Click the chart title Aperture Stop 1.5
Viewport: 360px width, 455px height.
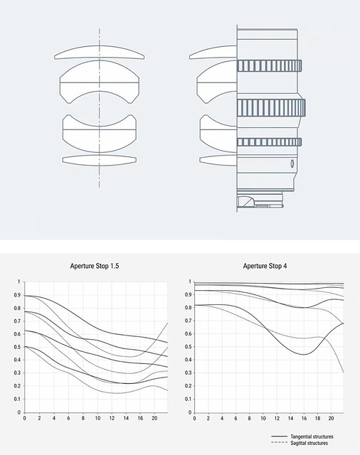click(x=95, y=266)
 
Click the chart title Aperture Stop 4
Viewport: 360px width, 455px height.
click(x=265, y=266)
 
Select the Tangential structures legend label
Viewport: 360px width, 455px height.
click(x=312, y=437)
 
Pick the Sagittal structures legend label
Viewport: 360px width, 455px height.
click(x=309, y=443)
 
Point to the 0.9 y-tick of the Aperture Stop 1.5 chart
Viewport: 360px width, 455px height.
click(x=17, y=295)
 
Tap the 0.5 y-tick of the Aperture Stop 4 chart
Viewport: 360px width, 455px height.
click(x=188, y=347)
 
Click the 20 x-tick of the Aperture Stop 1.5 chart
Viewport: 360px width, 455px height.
click(x=154, y=418)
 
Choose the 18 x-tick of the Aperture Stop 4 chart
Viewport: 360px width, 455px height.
click(x=317, y=418)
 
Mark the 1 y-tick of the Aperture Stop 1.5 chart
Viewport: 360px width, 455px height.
click(x=19, y=282)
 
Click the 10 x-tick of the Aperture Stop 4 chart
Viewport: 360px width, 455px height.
click(x=263, y=418)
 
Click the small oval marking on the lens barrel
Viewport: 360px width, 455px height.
click(x=292, y=164)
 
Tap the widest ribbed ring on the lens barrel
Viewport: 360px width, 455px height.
click(x=271, y=108)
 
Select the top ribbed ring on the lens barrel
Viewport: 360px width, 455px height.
click(x=270, y=65)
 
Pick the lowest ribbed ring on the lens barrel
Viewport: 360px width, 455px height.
click(x=270, y=142)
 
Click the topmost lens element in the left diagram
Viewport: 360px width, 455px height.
click(x=100, y=53)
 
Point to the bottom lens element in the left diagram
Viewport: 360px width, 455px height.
click(x=100, y=161)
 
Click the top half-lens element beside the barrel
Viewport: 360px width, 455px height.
click(x=213, y=53)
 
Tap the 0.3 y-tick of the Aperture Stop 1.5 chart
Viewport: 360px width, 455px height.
click(x=17, y=373)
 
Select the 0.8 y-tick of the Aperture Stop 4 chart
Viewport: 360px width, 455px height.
click(x=188, y=308)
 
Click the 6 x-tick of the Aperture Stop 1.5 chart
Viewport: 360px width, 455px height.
click(x=68, y=418)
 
